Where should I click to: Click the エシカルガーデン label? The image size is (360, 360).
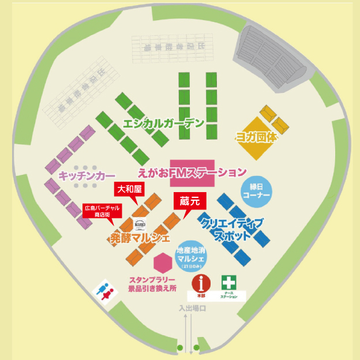click(x=164, y=123)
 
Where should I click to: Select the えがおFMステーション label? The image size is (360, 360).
click(x=193, y=172)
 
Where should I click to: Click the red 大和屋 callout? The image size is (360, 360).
click(x=130, y=189)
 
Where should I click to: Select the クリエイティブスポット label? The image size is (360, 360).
click(x=230, y=228)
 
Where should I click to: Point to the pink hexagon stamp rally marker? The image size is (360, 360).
click(x=163, y=263)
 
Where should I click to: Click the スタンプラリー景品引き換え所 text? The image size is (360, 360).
click(x=152, y=284)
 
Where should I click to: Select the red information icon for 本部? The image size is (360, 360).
click(x=201, y=283)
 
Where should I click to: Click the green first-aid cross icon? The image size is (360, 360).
click(x=229, y=283)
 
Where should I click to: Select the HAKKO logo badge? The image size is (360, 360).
click(x=140, y=224)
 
